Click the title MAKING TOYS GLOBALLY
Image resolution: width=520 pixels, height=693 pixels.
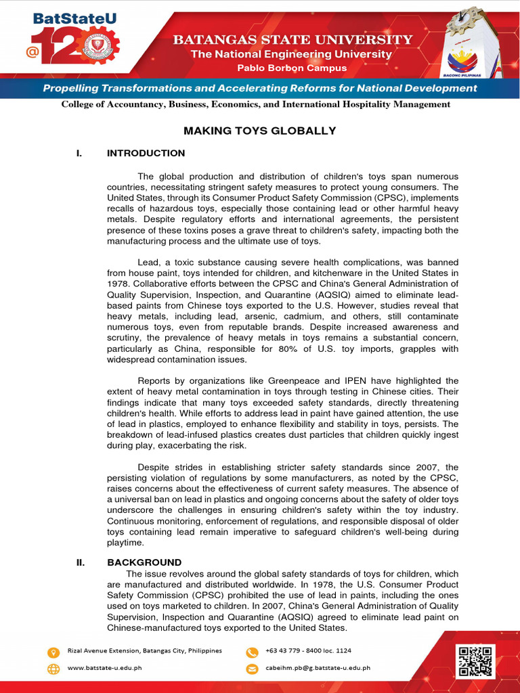pyautogui.click(x=260, y=131)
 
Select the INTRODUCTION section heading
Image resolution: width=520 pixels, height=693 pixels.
pyautogui.click(x=146, y=153)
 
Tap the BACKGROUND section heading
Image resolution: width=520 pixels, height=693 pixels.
pyautogui.click(x=144, y=562)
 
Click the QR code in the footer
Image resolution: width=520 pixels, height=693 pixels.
pyautogui.click(x=477, y=661)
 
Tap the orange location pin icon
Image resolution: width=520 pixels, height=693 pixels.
pyautogui.click(x=53, y=652)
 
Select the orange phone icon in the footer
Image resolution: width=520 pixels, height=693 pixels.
pyautogui.click(x=252, y=652)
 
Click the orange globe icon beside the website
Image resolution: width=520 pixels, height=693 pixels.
pyautogui.click(x=53, y=669)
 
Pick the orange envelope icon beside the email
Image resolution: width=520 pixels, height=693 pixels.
pyautogui.click(x=252, y=669)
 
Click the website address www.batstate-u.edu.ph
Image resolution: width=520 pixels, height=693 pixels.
pyautogui.click(x=105, y=668)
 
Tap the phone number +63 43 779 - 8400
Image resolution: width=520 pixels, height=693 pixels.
pyautogui.click(x=308, y=651)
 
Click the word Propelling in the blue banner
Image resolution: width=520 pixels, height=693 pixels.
pyautogui.click(x=71, y=88)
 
